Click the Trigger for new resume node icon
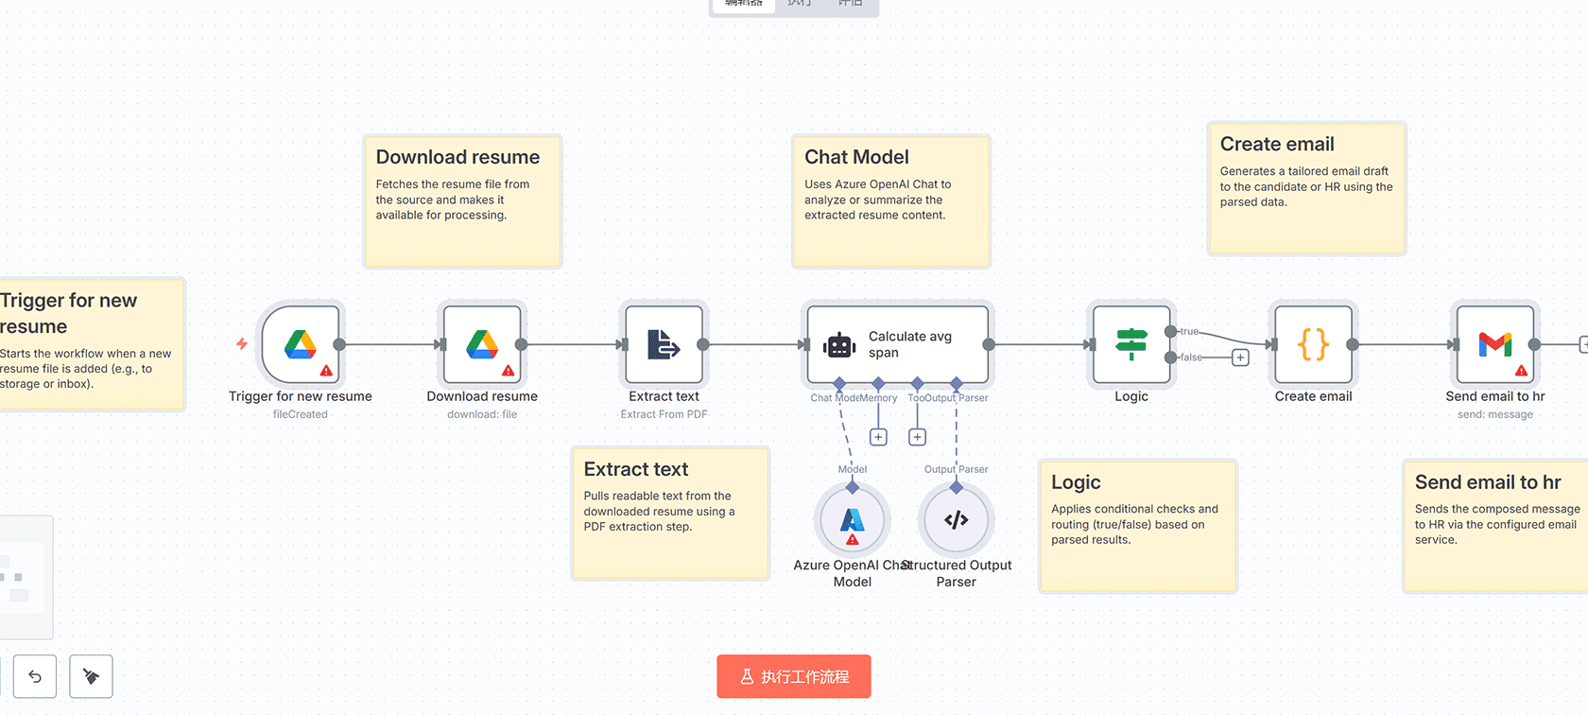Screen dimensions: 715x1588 [301, 345]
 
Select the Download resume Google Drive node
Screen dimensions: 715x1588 [482, 345]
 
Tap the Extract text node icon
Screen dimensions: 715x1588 [664, 345]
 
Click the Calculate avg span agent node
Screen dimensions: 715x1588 [897, 345]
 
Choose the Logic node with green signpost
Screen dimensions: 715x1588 [1131, 345]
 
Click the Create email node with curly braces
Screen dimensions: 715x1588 [1313, 345]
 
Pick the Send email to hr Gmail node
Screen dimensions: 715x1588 [1494, 345]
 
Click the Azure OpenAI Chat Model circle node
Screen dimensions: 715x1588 [853, 519]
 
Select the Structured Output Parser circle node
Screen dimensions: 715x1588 [956, 519]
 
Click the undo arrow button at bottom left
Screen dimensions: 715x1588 [35, 676]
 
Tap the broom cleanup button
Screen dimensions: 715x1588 [91, 676]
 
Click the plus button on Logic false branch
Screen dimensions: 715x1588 [1240, 357]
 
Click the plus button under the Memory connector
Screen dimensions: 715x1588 [878, 437]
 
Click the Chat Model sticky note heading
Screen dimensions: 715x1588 [856, 157]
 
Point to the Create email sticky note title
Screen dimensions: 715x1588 [1276, 144]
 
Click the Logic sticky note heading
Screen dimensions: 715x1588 [1076, 482]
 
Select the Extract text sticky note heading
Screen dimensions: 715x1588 [635, 469]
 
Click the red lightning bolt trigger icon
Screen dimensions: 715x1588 [242, 343]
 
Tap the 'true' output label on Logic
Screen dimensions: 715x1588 [1189, 331]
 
